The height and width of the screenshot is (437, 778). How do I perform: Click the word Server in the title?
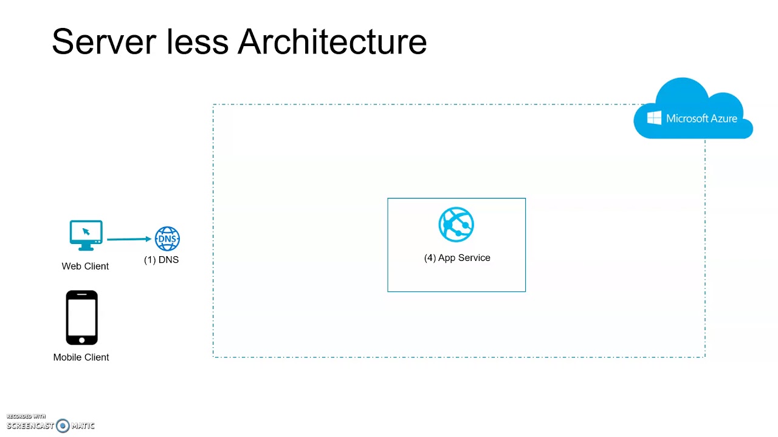coord(103,42)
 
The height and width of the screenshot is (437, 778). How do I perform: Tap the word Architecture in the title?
coord(332,42)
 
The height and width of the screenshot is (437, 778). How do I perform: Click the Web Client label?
coord(85,266)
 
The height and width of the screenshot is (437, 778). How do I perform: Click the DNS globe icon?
coord(167,239)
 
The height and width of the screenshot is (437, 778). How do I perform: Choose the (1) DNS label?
coord(161,260)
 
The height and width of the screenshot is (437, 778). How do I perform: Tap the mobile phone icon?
coord(81,317)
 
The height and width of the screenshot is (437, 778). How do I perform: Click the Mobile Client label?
coord(81,357)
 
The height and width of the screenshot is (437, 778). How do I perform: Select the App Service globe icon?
coord(456,225)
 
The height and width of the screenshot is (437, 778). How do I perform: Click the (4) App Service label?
coord(457,258)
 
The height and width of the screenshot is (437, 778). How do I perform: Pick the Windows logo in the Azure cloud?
coord(654,118)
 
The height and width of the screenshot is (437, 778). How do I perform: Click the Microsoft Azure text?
coord(701,118)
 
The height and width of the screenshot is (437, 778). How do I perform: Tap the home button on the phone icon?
coord(81,340)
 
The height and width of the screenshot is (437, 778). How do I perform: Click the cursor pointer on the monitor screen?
coord(86,231)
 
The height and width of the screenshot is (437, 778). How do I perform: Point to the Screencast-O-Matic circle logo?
coord(63,426)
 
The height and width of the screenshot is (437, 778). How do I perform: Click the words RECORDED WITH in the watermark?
coord(26,416)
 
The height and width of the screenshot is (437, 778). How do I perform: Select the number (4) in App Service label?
coord(430,258)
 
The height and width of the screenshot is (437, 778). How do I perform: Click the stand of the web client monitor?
coord(86,246)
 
